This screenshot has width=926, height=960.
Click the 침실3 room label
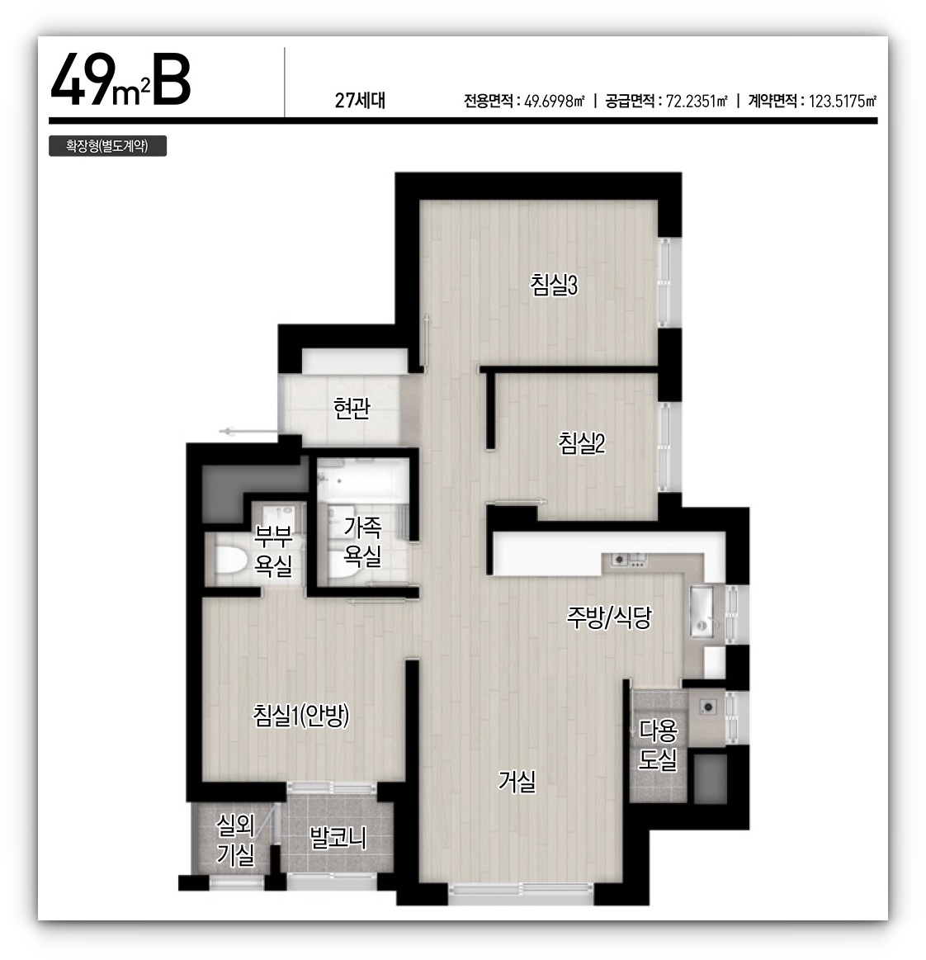[554, 286]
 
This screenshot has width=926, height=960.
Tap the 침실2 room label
[581, 443]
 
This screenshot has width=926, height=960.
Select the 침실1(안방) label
[301, 715]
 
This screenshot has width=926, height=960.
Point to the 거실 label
[517, 781]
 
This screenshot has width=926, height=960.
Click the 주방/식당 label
[608, 617]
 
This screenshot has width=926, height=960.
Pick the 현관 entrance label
[352, 408]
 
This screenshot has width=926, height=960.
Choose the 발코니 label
[338, 838]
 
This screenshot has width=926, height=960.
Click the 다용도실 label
[658, 745]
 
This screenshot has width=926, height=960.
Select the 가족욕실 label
[362, 541]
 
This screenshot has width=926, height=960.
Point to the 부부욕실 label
[273, 551]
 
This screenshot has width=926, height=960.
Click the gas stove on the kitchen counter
[630, 560]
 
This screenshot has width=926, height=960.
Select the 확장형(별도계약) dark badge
[108, 146]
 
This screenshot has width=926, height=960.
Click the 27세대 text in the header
[360, 101]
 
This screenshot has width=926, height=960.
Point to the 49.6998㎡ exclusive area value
[555, 101]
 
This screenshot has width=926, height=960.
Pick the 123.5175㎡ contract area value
[843, 101]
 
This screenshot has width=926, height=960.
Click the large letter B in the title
[172, 79]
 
